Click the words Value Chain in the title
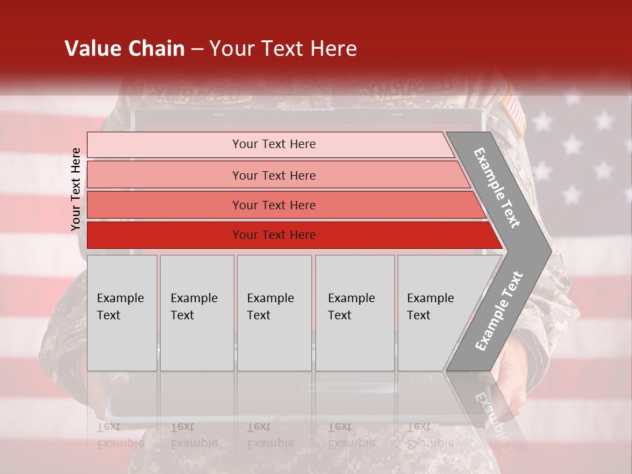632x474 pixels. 124,49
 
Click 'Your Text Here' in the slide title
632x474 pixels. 283,49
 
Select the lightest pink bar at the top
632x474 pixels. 273,144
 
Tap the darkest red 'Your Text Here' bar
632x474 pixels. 273,235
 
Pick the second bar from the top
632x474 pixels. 273,175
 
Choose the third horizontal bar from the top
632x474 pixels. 273,205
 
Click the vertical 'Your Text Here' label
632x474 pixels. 76,189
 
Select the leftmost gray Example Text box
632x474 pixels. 122,313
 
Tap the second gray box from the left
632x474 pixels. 197,313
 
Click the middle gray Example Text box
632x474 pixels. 274,313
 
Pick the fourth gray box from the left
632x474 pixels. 355,313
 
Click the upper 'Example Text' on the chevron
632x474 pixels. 497,188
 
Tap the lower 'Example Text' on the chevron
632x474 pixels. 498,311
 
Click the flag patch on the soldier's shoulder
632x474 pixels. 515,114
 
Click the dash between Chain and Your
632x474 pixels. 197,49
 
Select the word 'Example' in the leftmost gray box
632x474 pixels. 120,298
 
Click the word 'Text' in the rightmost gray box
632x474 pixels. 418,315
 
